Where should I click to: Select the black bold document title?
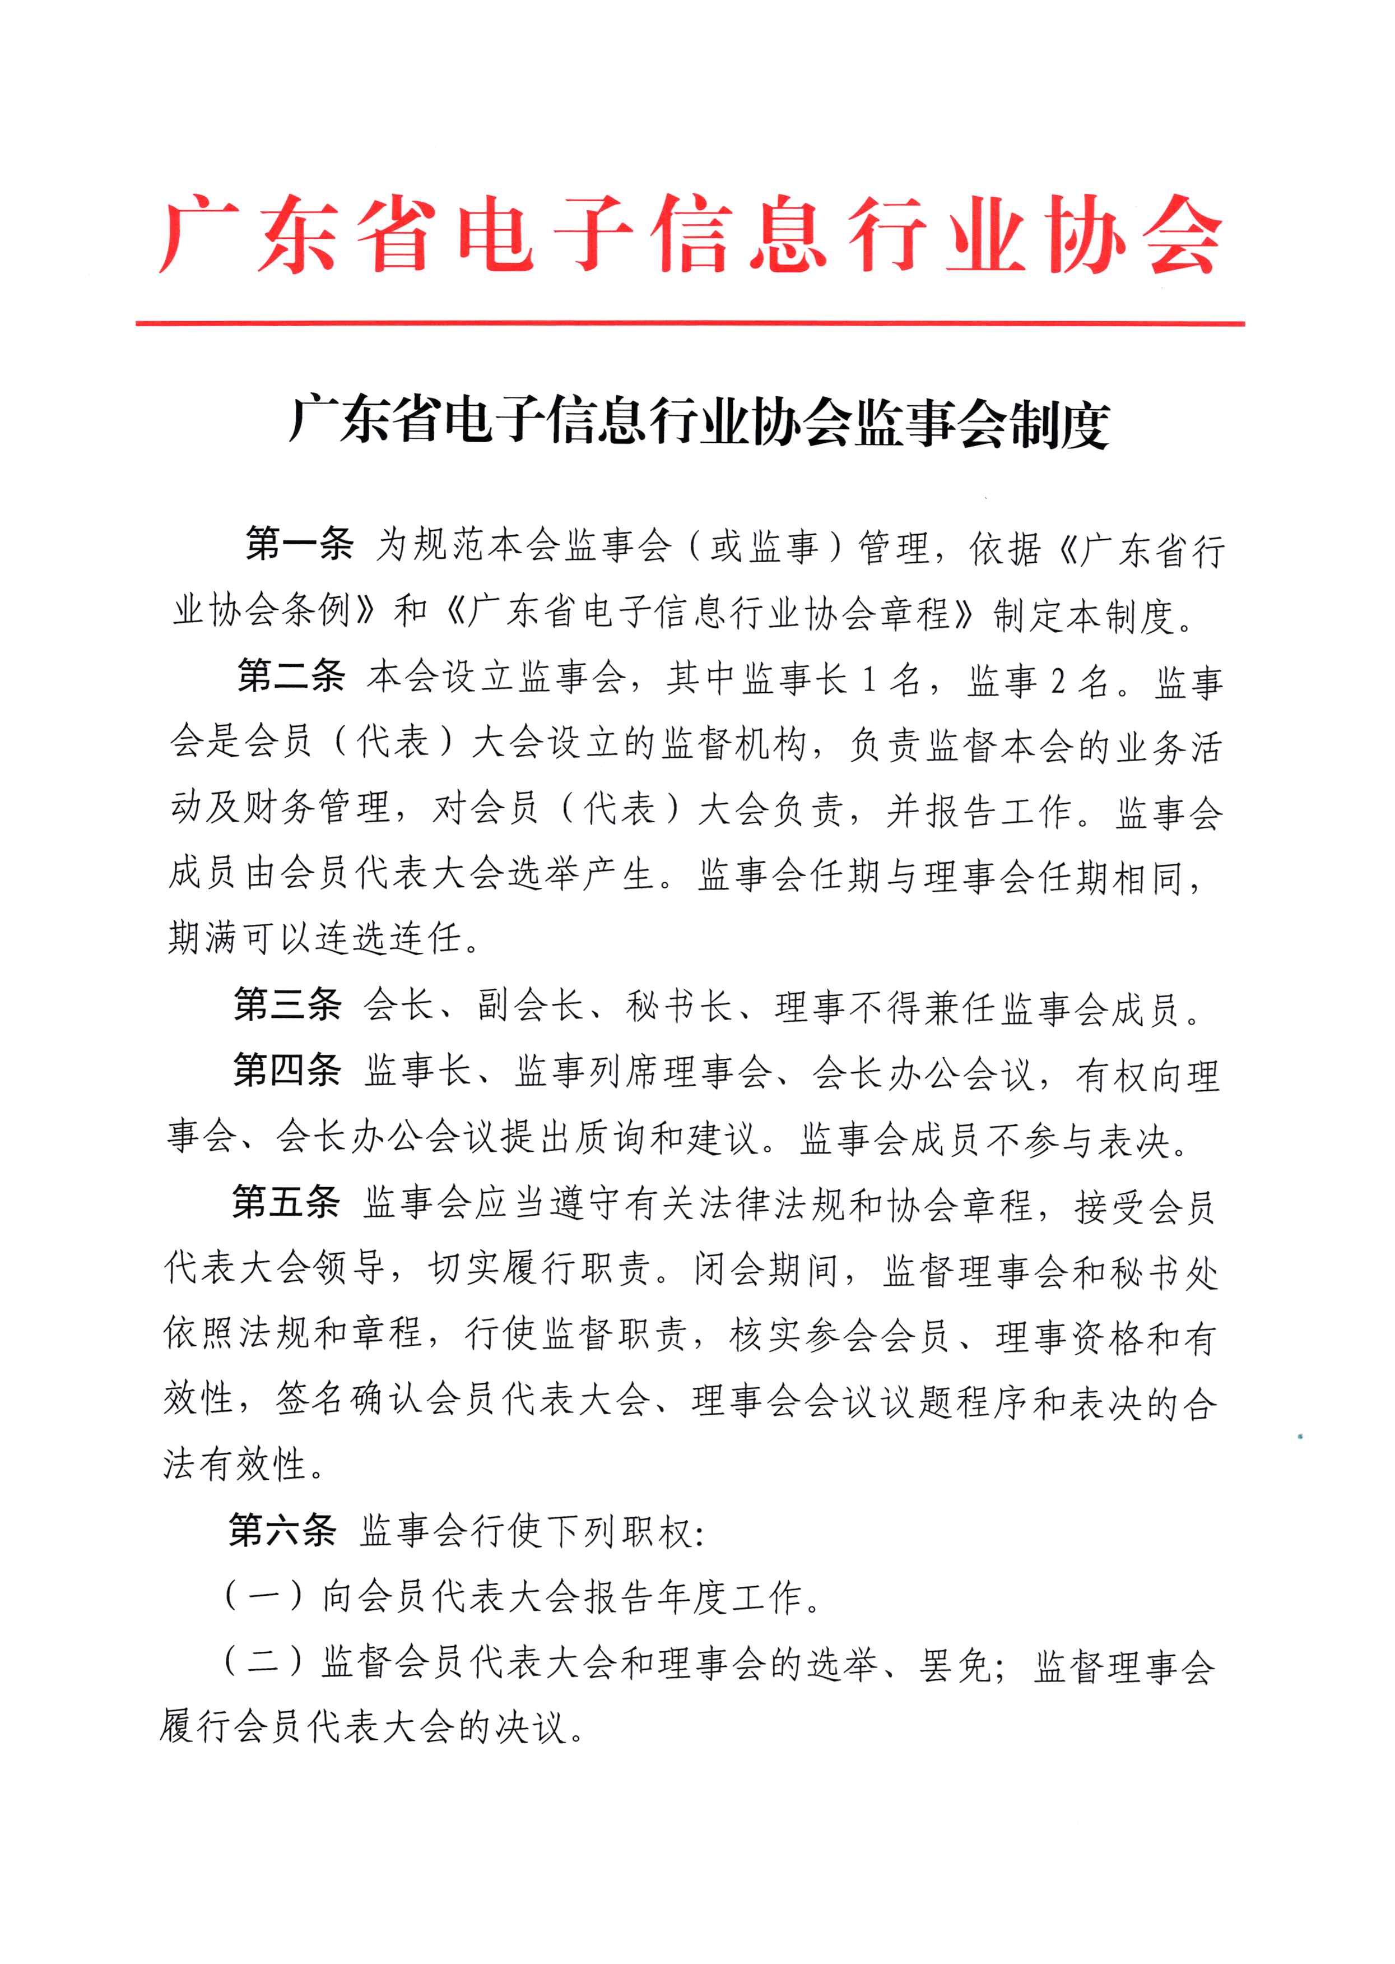point(699,422)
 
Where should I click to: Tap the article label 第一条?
point(299,545)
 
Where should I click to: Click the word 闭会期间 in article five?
point(766,1270)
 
